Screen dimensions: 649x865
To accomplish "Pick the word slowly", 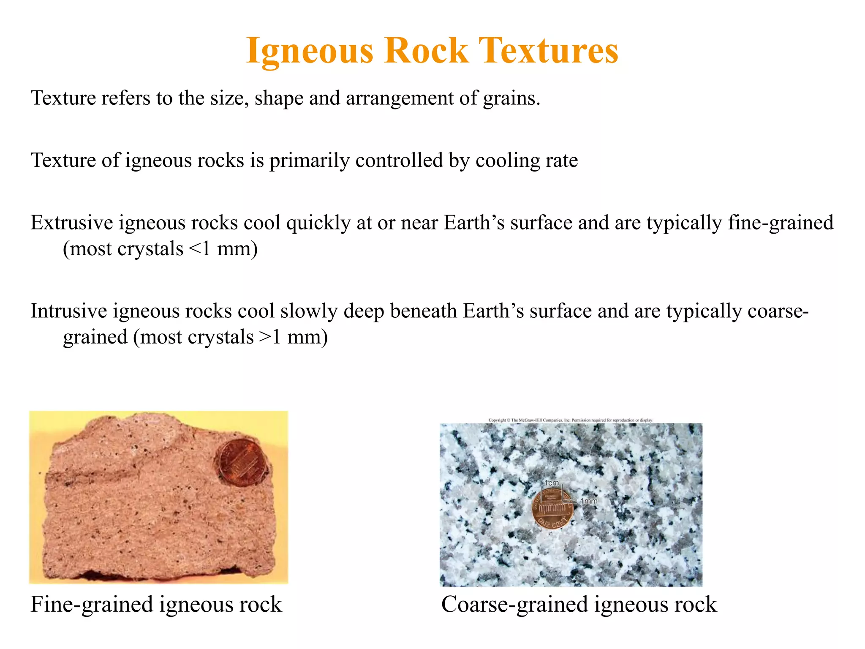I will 309,311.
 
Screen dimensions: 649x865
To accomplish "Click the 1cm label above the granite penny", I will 551,483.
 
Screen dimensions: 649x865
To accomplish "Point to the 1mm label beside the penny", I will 588,501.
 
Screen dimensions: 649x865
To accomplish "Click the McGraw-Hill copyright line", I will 570,420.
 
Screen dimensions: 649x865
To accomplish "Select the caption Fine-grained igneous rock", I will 156,604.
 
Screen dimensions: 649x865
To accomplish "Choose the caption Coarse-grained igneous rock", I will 579,604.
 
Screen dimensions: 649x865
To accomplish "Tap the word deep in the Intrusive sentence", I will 364,311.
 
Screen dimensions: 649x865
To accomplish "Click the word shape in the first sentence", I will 279,98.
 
